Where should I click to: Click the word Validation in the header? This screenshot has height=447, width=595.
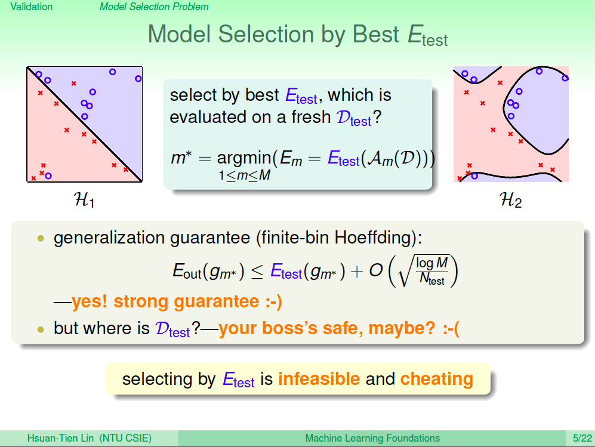tap(32, 7)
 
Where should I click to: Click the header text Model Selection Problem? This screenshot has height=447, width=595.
tap(154, 7)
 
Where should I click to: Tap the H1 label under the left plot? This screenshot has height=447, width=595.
tap(84, 199)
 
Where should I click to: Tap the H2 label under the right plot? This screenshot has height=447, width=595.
tap(510, 199)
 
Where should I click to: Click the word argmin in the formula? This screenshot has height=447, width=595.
tap(244, 158)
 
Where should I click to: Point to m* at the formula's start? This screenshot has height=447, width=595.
tap(181, 158)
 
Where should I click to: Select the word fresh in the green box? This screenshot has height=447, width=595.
tap(311, 117)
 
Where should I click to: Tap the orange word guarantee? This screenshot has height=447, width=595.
tap(216, 302)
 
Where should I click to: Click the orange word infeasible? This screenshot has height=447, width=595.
tap(319, 379)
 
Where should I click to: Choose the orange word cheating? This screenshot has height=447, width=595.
tap(436, 379)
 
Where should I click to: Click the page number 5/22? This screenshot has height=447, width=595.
tap(582, 438)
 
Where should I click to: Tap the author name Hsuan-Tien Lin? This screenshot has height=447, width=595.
tap(60, 438)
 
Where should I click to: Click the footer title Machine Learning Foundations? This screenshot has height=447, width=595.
tap(372, 438)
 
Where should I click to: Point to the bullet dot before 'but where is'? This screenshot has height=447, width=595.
tap(41, 329)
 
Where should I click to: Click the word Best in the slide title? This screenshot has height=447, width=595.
tap(375, 34)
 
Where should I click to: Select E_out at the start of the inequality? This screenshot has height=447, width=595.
tap(187, 272)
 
